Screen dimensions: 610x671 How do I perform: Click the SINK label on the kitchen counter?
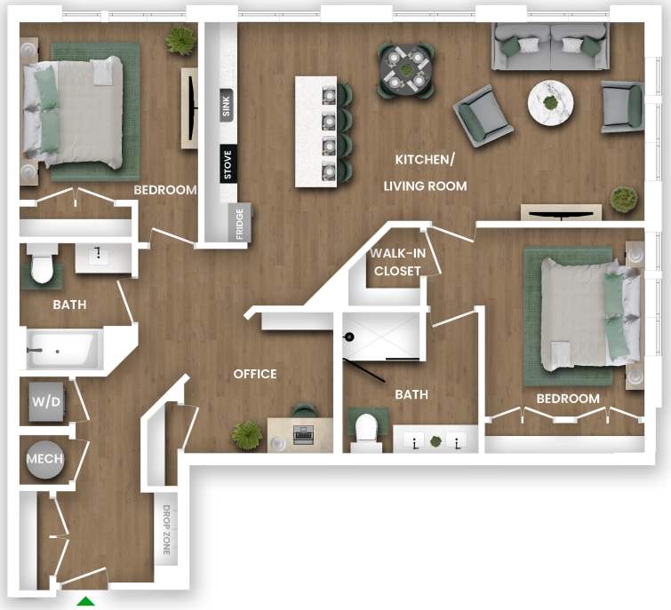pyautogui.click(x=227, y=106)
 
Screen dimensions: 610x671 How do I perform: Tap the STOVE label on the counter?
pyautogui.click(x=228, y=163)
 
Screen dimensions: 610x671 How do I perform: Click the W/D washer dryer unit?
pyautogui.click(x=46, y=401)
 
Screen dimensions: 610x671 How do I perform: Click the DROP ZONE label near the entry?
pyautogui.click(x=166, y=533)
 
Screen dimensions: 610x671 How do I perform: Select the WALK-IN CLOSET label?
pyautogui.click(x=397, y=263)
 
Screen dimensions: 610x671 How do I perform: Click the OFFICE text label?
pyautogui.click(x=255, y=374)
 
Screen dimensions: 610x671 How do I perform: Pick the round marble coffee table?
pyautogui.click(x=551, y=102)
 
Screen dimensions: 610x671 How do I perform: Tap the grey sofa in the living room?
pyautogui.click(x=551, y=47)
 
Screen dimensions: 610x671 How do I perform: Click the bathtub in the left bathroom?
pyautogui.click(x=60, y=350)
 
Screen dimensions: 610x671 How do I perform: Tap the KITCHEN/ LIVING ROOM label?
pyautogui.click(x=425, y=172)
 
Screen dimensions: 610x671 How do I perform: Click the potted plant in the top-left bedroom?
pyautogui.click(x=180, y=40)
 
